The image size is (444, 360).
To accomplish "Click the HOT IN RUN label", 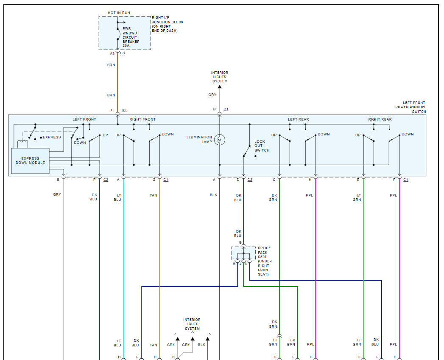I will (119, 13).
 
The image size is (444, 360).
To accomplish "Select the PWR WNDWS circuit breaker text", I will (130, 37).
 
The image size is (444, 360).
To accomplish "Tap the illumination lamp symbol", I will (220, 139).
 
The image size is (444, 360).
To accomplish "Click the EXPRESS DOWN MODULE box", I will (30, 161).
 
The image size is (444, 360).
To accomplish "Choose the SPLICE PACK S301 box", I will (243, 253).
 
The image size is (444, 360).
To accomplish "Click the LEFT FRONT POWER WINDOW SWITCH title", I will (410, 107).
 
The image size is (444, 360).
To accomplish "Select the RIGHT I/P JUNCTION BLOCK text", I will (168, 24).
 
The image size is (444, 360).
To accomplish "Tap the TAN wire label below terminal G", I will (153, 195).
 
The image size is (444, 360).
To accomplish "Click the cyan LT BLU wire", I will (124, 255).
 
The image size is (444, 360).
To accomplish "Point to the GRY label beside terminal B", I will (57, 194).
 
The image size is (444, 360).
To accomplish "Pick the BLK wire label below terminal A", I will (213, 195).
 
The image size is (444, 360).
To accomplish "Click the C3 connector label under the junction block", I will (123, 53).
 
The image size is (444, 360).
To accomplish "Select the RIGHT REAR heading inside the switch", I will (380, 119).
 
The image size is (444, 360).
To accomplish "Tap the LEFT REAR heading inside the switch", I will (299, 119).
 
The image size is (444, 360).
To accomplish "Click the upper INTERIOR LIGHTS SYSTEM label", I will (220, 77).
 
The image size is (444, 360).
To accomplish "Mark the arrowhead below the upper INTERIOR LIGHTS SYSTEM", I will (220, 87).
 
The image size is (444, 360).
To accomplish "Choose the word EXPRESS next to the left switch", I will (52, 137).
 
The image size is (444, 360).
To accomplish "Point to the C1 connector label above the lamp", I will (226, 110).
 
